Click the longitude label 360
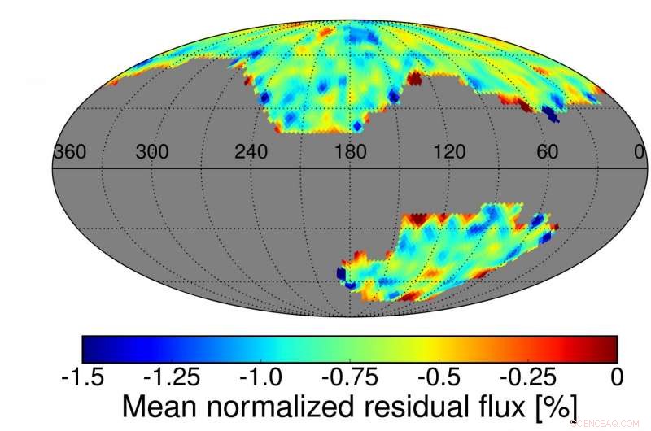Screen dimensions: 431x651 [x=70, y=152]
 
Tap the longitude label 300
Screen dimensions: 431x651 [x=152, y=152]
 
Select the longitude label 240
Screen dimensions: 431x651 [x=251, y=152]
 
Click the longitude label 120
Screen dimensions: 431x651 [x=450, y=152]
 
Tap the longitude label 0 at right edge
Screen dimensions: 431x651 [x=638, y=152]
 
